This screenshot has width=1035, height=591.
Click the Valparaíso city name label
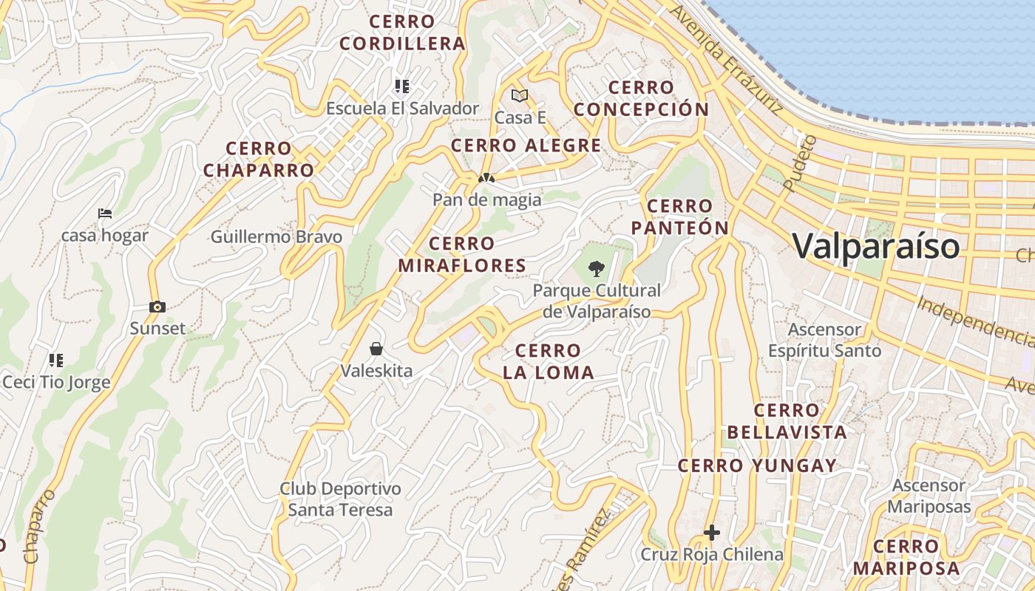[x=876, y=246]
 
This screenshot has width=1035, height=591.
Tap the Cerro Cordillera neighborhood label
[x=403, y=33]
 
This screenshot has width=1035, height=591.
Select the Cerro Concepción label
[x=641, y=98]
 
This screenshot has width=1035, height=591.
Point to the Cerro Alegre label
[x=526, y=146]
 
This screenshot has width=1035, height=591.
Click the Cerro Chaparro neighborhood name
[x=259, y=160]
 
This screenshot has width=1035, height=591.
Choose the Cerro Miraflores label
[x=462, y=254]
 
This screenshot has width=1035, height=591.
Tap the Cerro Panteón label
[x=680, y=216]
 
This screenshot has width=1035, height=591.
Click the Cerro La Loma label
[x=549, y=361]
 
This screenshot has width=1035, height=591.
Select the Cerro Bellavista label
[x=787, y=421]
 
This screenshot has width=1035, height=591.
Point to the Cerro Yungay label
[x=757, y=466]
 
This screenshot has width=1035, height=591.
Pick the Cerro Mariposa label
[x=906, y=558]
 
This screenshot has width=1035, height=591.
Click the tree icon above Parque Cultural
[x=596, y=269]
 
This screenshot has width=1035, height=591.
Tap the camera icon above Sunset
[x=157, y=307]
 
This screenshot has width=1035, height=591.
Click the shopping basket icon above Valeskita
[x=376, y=348]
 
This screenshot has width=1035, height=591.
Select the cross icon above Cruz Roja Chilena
[x=711, y=532]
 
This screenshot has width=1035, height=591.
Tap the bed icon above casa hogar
[x=105, y=213]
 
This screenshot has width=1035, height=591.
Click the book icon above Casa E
[x=520, y=95]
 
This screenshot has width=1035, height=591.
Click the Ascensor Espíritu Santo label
[x=824, y=340]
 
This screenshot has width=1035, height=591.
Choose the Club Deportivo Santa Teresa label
[x=340, y=499]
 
